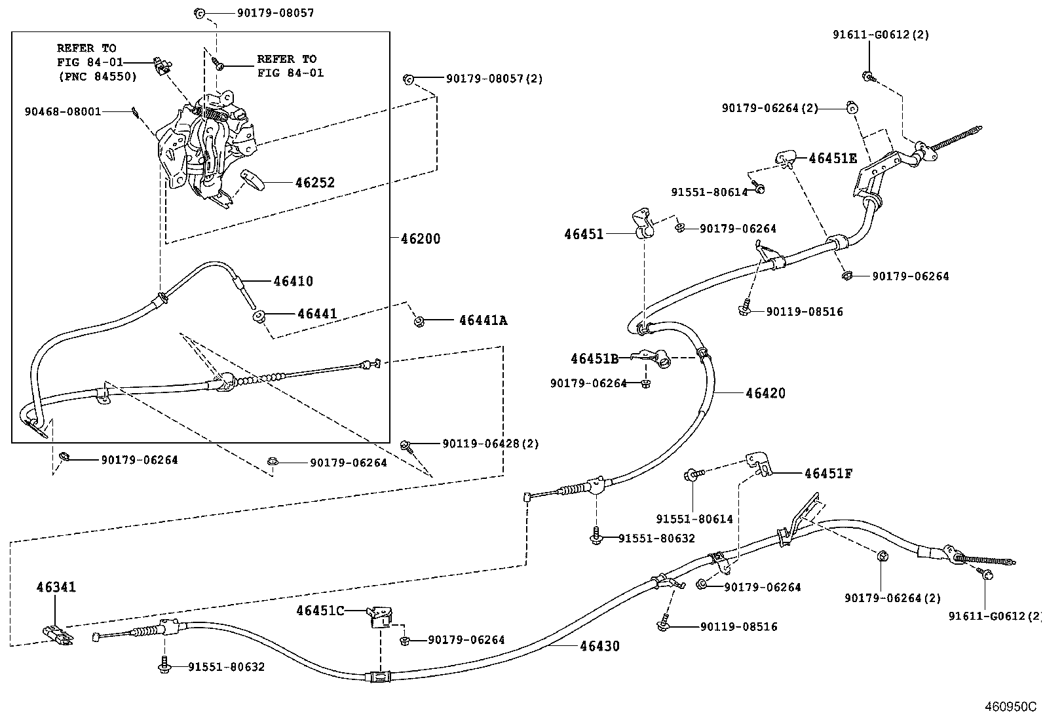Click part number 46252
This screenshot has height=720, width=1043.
tap(314, 182)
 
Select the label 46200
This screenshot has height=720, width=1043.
tap(420, 238)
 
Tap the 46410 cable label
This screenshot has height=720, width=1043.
tap(293, 281)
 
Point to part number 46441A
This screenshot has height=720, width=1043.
tap(483, 320)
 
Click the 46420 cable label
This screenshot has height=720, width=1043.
tap(765, 393)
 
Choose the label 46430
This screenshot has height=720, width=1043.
tap(599, 646)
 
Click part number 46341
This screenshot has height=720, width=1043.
tap(56, 587)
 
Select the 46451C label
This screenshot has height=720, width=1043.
tap(320, 611)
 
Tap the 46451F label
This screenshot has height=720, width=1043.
tap(828, 474)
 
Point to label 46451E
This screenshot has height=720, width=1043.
tap(832, 158)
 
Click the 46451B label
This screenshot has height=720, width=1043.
tap(594, 358)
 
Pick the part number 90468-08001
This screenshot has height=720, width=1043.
tap(63, 111)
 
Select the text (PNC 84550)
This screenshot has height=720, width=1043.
tap(97, 77)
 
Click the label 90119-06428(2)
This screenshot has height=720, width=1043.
tap(490, 444)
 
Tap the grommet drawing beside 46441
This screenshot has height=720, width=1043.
tap(258, 317)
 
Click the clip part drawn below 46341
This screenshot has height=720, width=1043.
tap(58, 634)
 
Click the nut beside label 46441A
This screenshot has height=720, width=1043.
tap(419, 321)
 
